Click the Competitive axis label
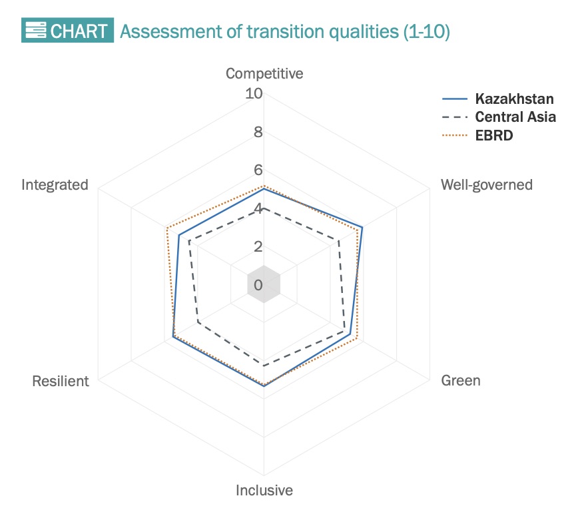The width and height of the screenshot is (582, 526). tap(264, 74)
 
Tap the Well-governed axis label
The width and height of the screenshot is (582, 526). tap(487, 185)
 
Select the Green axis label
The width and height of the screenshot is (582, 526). tap(461, 380)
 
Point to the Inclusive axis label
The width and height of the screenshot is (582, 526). tap(264, 490)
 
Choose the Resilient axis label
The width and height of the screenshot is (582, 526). tap(61, 382)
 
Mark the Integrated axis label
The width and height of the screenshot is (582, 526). tap(55, 185)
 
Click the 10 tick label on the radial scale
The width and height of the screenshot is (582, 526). tap(254, 93)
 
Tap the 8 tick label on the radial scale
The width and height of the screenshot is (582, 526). tap(258, 132)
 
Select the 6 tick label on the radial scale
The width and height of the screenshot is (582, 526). tap(258, 170)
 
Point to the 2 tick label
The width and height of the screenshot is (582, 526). tap(258, 246)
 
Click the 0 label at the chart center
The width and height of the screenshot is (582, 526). tap(258, 285)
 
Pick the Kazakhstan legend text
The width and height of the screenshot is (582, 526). tap(515, 99)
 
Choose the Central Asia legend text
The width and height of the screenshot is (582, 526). tap(515, 117)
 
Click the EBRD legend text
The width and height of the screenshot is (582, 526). tap(494, 135)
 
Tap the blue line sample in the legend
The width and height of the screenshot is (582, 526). tap(455, 99)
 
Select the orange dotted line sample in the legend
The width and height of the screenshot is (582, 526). tap(455, 135)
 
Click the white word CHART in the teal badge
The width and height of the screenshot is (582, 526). tap(79, 31)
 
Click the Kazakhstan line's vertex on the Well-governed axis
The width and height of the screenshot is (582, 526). tap(362, 227)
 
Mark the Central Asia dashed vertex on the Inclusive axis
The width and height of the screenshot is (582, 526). tap(264, 366)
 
